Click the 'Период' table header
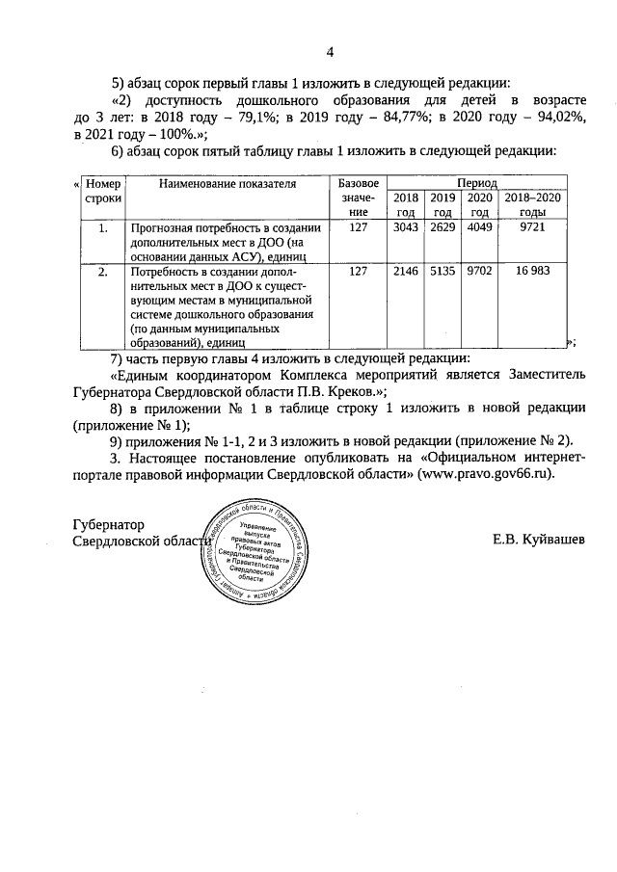point(477,182)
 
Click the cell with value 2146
point(406,273)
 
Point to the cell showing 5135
point(443,273)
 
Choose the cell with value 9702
point(479,273)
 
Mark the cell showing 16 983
point(532,273)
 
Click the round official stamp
point(255,553)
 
